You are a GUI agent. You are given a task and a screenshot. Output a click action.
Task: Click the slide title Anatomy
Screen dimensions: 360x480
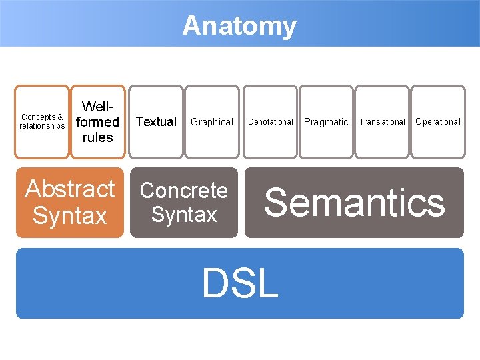pos(239,26)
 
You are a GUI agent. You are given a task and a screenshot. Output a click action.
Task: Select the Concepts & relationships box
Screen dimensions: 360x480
pos(42,122)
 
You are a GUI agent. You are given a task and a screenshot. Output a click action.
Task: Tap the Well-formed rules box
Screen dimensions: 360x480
pos(98,122)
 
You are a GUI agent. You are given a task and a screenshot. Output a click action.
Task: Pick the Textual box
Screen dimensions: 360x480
pos(156,122)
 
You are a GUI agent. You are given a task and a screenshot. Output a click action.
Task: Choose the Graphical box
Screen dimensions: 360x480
pos(212,122)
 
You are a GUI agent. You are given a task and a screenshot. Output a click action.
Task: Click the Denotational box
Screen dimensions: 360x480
pos(271,122)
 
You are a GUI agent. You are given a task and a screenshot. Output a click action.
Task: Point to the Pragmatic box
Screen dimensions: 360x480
pos(326,122)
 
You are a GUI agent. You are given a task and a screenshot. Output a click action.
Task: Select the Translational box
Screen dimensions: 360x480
pos(382,122)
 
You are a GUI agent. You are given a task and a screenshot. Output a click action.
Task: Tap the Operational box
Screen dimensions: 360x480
pos(438,122)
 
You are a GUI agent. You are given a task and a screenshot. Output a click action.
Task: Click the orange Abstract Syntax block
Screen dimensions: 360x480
pos(70,203)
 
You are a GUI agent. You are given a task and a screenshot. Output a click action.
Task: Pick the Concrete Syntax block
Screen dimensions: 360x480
pos(184,203)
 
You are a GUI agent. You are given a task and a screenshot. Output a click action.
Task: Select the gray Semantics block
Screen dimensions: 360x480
pos(354,203)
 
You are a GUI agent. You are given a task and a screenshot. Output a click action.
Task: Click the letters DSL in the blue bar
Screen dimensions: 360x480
pos(240,283)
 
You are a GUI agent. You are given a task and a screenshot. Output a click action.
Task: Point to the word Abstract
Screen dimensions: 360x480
pos(70,189)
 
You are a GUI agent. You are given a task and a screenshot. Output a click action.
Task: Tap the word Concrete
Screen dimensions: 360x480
pos(184,191)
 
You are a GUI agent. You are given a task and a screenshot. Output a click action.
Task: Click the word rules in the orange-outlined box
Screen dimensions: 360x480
pos(98,137)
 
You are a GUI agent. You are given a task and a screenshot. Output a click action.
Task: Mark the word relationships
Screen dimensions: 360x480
pos(42,126)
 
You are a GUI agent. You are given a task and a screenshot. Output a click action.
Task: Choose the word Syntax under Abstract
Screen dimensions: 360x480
pos(70,216)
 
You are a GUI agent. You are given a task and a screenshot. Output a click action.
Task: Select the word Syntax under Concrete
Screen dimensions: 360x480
pos(184,215)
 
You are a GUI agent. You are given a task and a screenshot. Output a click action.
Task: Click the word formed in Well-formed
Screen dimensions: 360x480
pos(97,122)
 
